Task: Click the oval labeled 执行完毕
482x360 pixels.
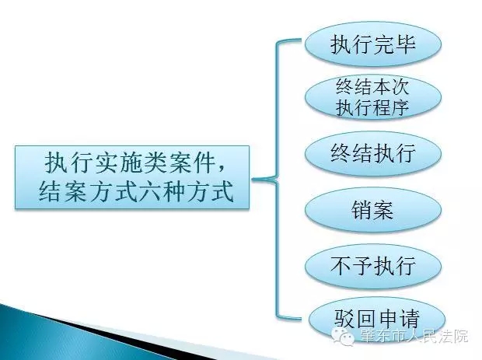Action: click(373, 44)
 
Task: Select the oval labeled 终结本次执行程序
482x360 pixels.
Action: click(373, 97)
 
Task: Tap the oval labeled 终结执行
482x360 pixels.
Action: click(373, 153)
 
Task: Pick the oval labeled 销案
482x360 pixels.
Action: click(373, 210)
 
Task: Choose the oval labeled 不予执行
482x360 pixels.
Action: click(373, 266)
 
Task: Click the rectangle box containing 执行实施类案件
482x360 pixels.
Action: click(132, 178)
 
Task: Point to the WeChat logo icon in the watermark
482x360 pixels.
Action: click(343, 337)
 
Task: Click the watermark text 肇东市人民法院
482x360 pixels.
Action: click(414, 337)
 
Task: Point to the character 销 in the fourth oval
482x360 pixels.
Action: click(361, 210)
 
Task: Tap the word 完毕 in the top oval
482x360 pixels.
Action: click(395, 44)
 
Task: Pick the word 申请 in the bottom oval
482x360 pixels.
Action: click(399, 319)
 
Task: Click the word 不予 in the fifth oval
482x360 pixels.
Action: click(351, 266)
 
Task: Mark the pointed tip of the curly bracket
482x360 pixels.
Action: click(253, 179)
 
